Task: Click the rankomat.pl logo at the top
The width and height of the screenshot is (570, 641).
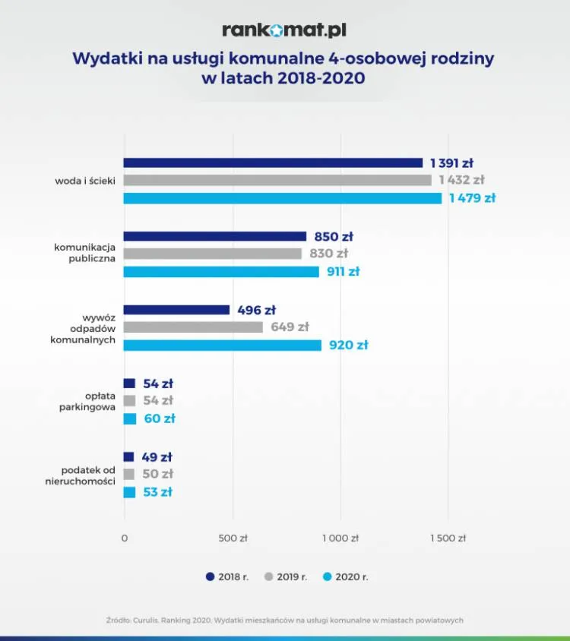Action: click(284, 30)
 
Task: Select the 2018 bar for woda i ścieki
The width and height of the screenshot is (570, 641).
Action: click(273, 163)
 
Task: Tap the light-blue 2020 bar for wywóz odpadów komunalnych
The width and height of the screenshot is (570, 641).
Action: click(222, 346)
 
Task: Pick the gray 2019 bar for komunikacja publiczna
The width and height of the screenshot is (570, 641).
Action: click(212, 254)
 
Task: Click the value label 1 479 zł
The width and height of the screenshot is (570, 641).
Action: click(472, 198)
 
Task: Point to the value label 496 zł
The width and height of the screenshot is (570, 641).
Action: click(256, 310)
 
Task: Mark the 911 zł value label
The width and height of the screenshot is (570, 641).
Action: click(342, 272)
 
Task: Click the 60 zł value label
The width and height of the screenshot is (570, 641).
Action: click(160, 418)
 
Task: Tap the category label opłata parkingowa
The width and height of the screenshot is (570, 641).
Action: click(87, 401)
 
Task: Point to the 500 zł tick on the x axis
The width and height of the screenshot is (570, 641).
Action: click(233, 538)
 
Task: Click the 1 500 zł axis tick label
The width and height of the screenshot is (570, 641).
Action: click(447, 538)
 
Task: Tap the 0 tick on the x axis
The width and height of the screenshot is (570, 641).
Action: click(125, 538)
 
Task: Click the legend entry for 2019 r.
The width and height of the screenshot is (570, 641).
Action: click(286, 577)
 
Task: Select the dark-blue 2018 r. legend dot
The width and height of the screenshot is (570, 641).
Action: click(210, 577)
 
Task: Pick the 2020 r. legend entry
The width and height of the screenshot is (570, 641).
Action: click(347, 577)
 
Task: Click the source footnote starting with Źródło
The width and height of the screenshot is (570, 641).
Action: click(285, 620)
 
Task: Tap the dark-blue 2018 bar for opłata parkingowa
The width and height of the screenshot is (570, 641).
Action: click(129, 384)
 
